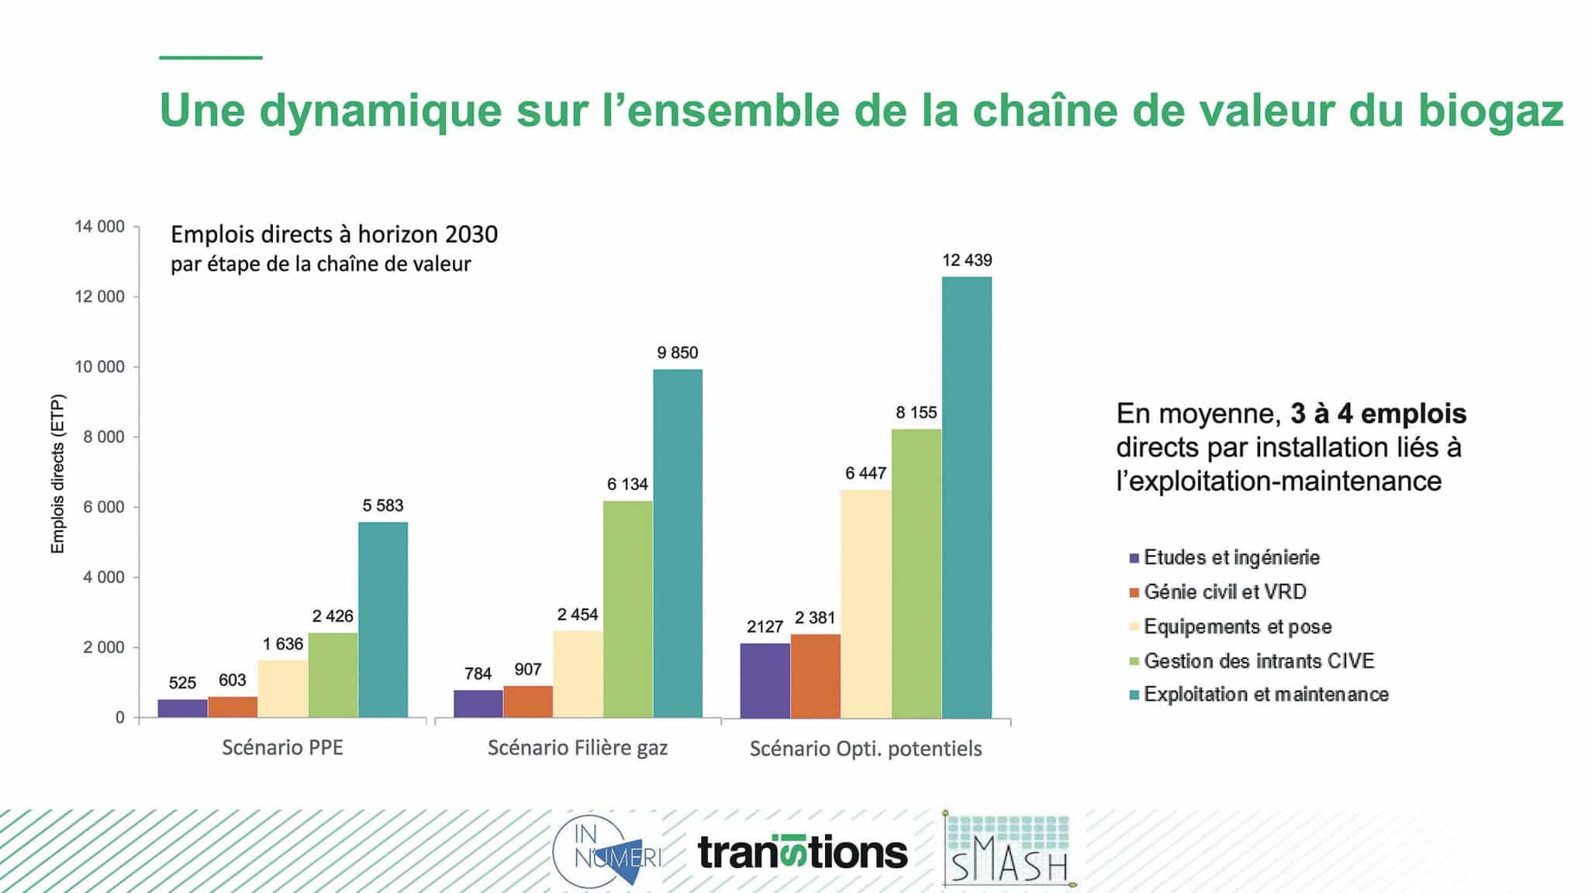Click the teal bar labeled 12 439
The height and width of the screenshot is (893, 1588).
[x=966, y=497]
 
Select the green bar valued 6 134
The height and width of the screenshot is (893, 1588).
[x=627, y=609]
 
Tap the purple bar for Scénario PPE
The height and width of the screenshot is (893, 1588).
[x=182, y=709]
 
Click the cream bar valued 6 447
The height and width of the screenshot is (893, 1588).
[x=865, y=604]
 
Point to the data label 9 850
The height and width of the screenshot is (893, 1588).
[x=677, y=353]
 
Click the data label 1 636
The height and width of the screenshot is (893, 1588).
[x=282, y=644]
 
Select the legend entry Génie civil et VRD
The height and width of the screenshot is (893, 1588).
[x=1224, y=592]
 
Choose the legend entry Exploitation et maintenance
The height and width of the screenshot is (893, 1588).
[x=1265, y=695]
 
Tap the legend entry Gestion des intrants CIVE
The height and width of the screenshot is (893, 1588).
[x=1258, y=661]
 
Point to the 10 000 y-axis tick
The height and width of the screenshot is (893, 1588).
[x=99, y=367]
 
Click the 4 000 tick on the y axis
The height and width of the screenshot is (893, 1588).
[x=103, y=578]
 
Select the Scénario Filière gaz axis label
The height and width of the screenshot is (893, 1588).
[x=578, y=748]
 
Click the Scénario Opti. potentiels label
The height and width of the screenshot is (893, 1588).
[x=865, y=749]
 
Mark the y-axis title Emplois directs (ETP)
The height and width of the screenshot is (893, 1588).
[x=57, y=474]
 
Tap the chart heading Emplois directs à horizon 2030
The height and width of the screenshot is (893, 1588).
[x=334, y=234]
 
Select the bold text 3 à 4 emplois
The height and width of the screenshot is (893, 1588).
[x=1378, y=414]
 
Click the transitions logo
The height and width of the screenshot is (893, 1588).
[x=803, y=853]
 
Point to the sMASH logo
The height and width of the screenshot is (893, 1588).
[x=1009, y=851]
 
